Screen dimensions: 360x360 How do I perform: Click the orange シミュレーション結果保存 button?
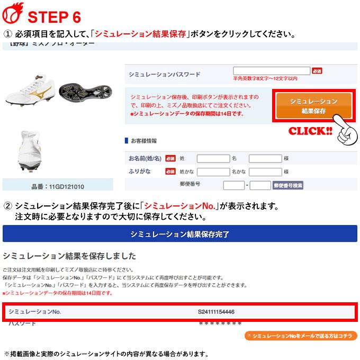313,106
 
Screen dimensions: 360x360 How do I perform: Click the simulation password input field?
271,70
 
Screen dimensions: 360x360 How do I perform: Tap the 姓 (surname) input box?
213,158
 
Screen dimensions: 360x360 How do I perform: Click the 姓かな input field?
213,172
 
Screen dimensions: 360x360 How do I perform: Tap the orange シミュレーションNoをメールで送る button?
301,336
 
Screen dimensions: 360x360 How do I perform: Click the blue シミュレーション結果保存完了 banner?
179,233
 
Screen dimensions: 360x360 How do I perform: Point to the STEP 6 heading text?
54,16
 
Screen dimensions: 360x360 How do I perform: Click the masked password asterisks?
220,323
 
